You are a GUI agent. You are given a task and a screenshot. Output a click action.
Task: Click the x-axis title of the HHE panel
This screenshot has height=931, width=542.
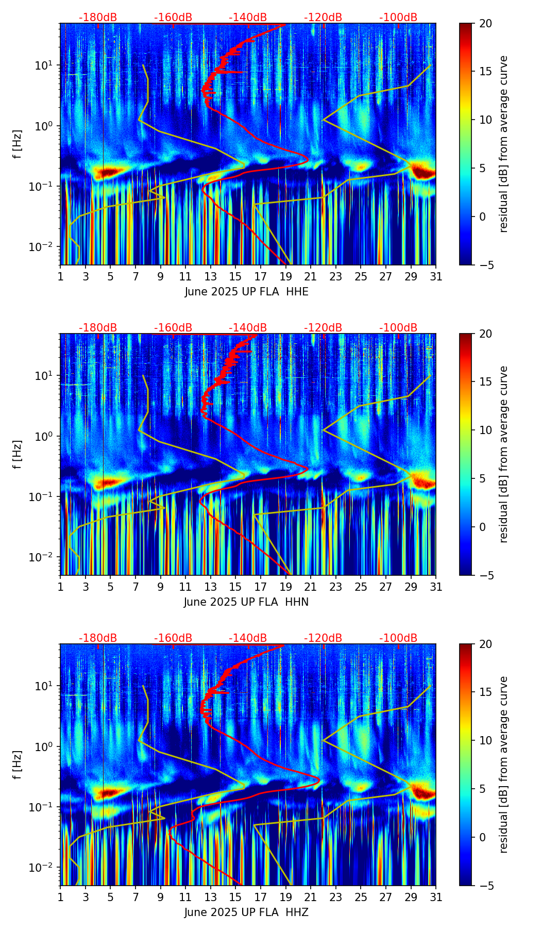[x=246, y=292]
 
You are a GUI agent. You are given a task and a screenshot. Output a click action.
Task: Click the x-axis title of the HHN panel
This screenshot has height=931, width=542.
[x=246, y=602]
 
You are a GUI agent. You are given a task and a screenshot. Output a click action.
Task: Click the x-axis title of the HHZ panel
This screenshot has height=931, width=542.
[x=246, y=912]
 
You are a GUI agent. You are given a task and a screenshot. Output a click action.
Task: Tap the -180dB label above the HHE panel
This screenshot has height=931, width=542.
[x=98, y=18]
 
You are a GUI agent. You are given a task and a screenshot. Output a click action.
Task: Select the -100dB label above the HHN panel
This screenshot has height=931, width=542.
[x=398, y=328]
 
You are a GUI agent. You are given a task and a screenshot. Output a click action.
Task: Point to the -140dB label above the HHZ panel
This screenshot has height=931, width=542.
[x=248, y=638]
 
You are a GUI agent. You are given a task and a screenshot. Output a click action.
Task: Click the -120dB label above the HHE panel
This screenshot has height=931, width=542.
[x=323, y=18]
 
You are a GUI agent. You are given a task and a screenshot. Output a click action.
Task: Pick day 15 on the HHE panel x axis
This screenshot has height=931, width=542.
[x=235, y=276]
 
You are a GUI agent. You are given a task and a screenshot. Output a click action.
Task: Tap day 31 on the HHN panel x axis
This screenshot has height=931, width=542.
[x=436, y=587]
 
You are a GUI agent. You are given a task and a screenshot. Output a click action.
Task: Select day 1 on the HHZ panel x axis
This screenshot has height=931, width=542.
[x=61, y=897]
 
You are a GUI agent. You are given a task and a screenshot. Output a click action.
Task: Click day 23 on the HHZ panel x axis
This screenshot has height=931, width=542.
[x=335, y=897]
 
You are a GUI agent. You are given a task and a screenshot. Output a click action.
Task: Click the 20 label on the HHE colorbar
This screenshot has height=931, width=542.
[x=486, y=23]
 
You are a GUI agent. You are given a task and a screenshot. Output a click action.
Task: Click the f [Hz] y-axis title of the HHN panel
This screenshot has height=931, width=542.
[x=18, y=454]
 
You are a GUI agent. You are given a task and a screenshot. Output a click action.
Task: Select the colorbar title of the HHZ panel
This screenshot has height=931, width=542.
[x=503, y=764]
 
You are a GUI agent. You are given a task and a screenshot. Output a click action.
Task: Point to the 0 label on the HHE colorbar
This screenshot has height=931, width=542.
[x=483, y=217]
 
